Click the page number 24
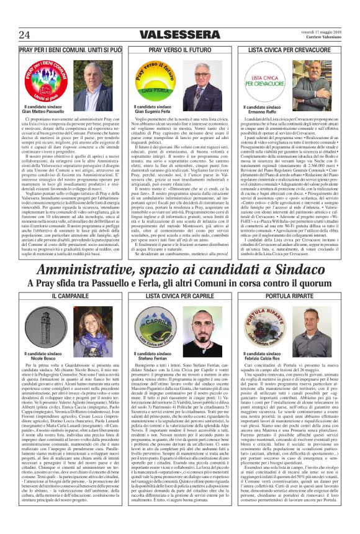point(25,34)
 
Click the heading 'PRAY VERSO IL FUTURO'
point(180,48)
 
